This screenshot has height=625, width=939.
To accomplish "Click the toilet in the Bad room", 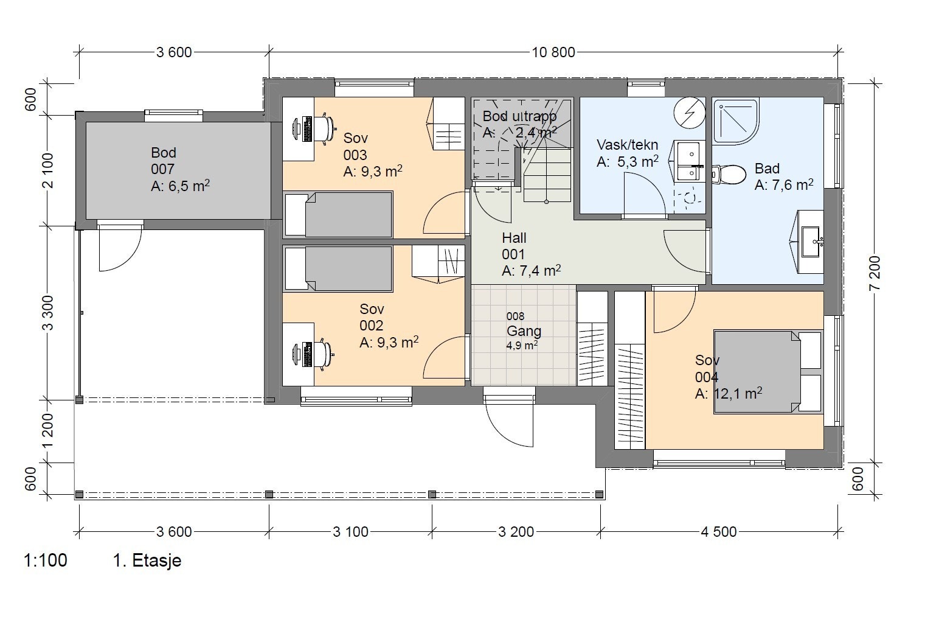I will (x=729, y=175).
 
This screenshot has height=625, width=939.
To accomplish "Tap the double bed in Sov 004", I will (x=767, y=371).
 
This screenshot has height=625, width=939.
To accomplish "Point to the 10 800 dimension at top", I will (x=553, y=52).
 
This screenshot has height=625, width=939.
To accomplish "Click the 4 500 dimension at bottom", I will (x=718, y=532).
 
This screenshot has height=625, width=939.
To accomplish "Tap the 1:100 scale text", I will (x=45, y=560).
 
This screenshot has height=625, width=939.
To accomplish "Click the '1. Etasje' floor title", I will (x=147, y=560).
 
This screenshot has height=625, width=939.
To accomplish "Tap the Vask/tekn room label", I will (x=627, y=145).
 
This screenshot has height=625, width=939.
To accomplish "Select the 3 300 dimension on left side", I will (x=49, y=312).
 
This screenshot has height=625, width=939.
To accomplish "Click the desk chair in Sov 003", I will (x=327, y=128).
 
